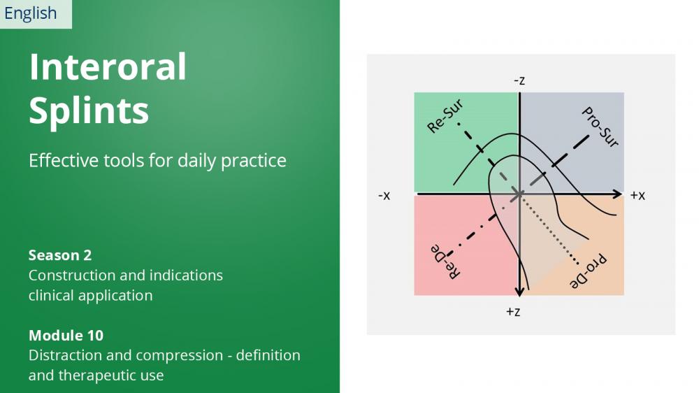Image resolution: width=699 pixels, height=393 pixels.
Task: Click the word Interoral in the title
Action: [x=108, y=66]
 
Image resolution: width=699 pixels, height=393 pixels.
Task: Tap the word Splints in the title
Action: [x=89, y=111]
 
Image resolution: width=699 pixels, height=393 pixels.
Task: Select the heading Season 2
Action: [x=60, y=255]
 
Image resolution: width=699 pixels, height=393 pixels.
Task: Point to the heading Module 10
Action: [x=66, y=336]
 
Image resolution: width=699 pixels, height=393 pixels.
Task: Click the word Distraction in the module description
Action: [x=64, y=355]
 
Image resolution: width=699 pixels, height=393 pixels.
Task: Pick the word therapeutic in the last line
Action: [x=111, y=376]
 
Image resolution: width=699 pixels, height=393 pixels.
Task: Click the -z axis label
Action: [x=519, y=80]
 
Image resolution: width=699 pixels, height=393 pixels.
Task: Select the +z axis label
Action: [x=513, y=312]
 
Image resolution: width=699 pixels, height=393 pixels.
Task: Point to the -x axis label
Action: [x=384, y=195]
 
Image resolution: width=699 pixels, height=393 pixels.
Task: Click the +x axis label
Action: [x=637, y=195]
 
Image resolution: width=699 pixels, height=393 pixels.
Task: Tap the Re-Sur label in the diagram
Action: [x=445, y=116]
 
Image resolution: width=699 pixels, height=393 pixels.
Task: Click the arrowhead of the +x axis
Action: [x=617, y=194]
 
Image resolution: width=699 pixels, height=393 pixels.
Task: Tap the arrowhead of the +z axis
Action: [x=519, y=292]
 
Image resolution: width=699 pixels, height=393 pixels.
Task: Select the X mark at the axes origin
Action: [x=519, y=194]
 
